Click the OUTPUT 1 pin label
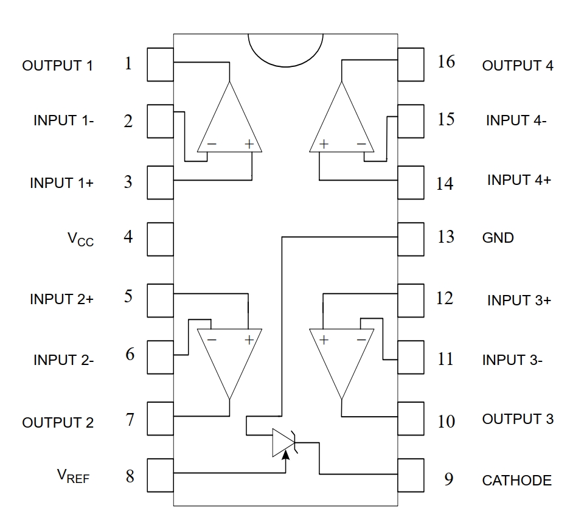click(58, 66)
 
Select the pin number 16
click(446, 61)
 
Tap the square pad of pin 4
click(161, 236)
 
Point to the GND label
click(498, 238)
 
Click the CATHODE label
click(516, 481)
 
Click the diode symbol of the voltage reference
click(283, 442)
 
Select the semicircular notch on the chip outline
click(285, 49)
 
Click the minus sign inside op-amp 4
click(362, 144)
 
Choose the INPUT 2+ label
click(61, 299)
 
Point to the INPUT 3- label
click(512, 360)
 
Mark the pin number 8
click(130, 476)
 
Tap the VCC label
click(80, 238)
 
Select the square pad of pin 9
click(411, 474)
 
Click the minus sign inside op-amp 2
click(210, 339)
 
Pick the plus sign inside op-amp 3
click(324, 339)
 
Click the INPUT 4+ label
click(519, 181)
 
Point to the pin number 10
click(446, 421)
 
